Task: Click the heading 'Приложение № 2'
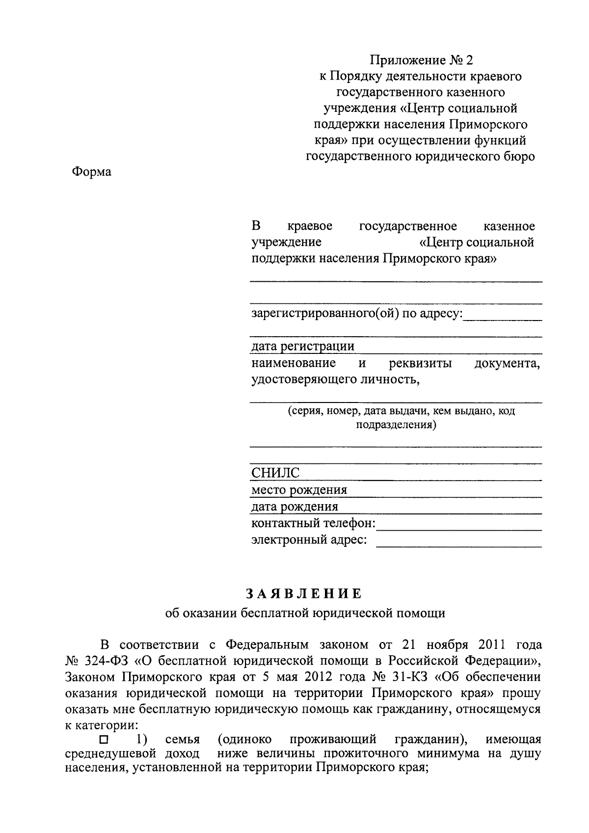[x=421, y=60]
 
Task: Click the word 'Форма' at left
[x=92, y=172]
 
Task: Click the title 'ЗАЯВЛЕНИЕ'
[x=304, y=594]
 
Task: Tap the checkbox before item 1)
[x=103, y=740]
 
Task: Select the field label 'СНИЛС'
[x=275, y=473]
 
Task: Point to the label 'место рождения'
[x=299, y=490]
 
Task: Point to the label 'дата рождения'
[x=294, y=507]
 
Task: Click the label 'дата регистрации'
[x=303, y=347]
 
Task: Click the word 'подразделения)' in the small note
[x=396, y=425]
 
